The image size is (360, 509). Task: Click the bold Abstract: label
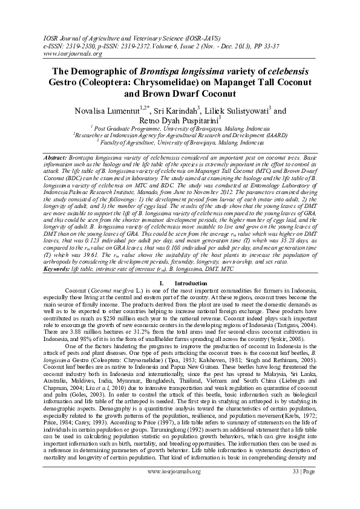point(60,157)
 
